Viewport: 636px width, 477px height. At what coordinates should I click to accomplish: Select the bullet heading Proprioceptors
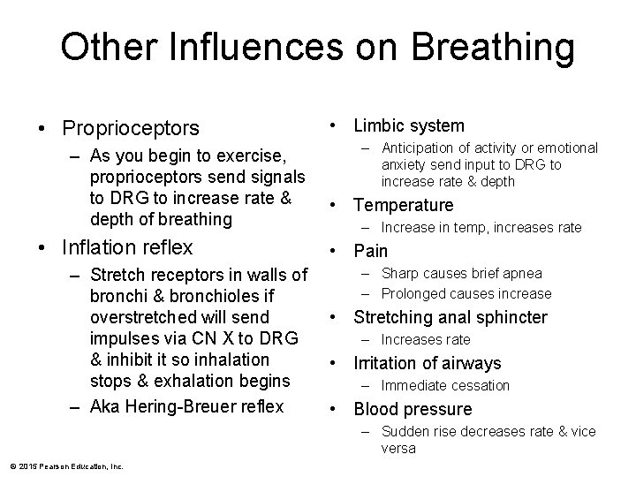tap(131, 129)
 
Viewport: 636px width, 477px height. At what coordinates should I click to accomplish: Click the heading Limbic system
tap(408, 126)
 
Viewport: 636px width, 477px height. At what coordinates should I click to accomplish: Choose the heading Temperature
tap(403, 206)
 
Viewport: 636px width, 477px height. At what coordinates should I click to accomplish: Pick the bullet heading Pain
tap(370, 251)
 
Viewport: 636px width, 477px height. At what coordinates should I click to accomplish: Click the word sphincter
tap(508, 317)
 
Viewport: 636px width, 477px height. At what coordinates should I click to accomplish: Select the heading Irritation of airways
tap(427, 363)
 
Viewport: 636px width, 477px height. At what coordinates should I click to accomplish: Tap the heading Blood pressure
tap(413, 409)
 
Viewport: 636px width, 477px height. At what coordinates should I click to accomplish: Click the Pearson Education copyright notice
tap(67, 466)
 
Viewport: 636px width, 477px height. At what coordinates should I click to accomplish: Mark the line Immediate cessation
tap(445, 385)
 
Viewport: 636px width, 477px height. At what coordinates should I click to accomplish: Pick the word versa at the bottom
tap(398, 448)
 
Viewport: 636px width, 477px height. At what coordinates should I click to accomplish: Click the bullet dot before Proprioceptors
tap(43, 130)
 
